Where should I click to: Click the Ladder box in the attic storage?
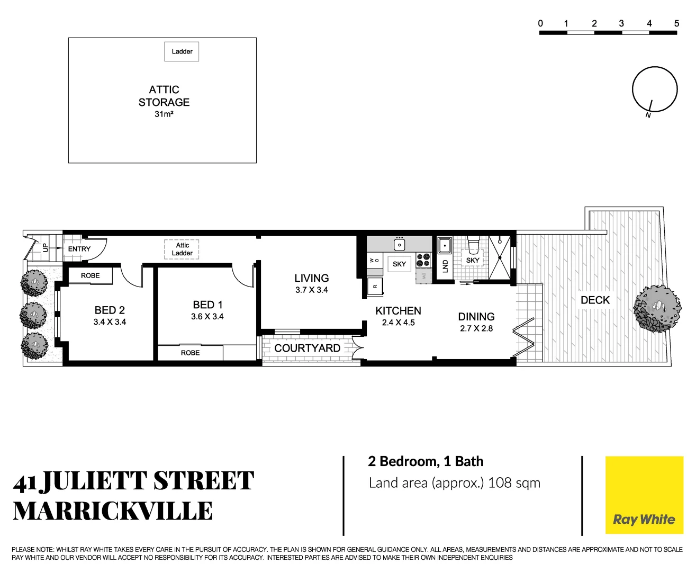pos(182,51)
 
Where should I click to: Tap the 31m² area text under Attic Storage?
pos(164,114)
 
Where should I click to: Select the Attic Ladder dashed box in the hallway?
pos(182,249)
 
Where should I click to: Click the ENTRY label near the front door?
pos(79,249)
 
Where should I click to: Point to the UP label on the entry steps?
pos(45,247)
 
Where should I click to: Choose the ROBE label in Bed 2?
pos(90,275)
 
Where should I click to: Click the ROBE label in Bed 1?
pos(190,353)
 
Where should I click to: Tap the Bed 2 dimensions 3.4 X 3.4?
pos(110,322)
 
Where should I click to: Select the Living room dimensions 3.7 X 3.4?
pos(312,290)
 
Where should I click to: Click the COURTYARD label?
pos(307,348)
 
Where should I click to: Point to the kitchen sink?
pos(399,245)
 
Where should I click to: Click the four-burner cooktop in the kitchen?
pos(423,260)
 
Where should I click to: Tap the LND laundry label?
pos(445,266)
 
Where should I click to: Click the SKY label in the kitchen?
pos(399,264)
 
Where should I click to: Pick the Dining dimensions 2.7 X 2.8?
pos(476,328)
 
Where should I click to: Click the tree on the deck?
pos(657,309)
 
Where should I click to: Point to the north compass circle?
pos(655,89)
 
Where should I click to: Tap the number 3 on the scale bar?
pos(621,23)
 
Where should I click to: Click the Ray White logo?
pos(644,495)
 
